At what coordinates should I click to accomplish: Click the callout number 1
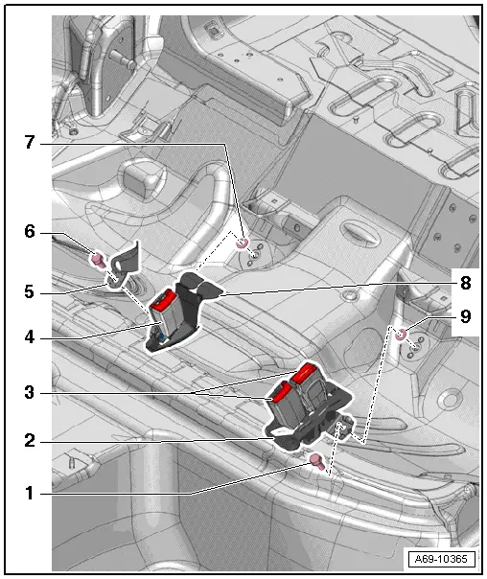coord(30,495)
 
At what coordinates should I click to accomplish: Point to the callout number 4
coord(30,336)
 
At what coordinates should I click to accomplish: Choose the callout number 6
coord(30,231)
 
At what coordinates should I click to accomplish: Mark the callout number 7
coord(30,143)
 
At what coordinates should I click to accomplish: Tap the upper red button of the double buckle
coord(308,371)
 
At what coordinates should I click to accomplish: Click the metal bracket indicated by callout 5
coord(122,268)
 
